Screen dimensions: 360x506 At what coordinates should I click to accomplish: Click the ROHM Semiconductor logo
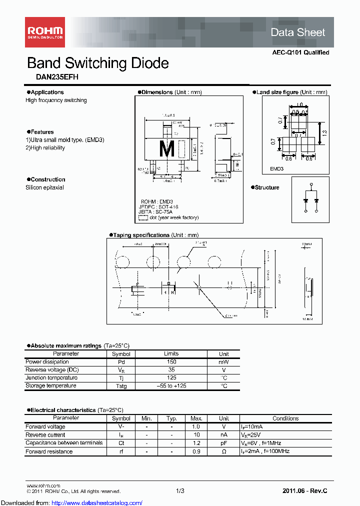pyautogui.click(x=44, y=33)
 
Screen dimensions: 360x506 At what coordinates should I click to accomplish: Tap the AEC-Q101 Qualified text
pyautogui.click(x=300, y=52)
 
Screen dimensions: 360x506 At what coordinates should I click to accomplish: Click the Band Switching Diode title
pyautogui.click(x=97, y=63)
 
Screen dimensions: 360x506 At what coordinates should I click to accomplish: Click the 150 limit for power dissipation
pyautogui.click(x=171, y=361)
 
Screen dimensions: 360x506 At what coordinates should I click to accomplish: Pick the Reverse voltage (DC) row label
pyautogui.click(x=52, y=369)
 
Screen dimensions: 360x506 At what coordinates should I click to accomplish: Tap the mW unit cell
pyautogui.click(x=223, y=361)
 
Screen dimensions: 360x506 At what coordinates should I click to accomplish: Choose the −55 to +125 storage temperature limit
pyautogui.click(x=171, y=386)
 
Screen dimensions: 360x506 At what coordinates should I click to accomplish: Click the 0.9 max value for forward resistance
pyautogui.click(x=196, y=451)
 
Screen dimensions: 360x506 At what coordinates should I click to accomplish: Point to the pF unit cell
pyautogui.click(x=223, y=443)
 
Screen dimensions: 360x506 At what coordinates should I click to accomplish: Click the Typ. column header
pyautogui.click(x=171, y=418)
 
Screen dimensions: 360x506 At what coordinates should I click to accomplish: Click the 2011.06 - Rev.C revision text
pyautogui.click(x=305, y=491)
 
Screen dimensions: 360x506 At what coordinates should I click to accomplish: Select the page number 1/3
pyautogui.click(x=180, y=491)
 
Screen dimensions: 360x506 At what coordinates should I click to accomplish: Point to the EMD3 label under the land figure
pyautogui.click(x=276, y=169)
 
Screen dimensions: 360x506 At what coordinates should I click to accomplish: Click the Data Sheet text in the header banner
pyautogui.click(x=297, y=32)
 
